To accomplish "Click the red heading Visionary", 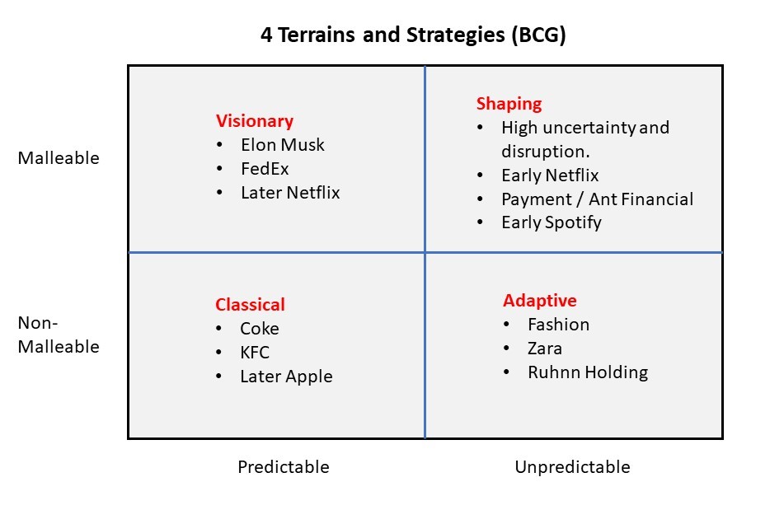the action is (255, 121).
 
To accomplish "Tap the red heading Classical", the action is (250, 305).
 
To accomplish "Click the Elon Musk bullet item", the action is (283, 145).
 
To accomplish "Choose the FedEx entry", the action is (265, 169).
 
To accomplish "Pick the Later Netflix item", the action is (290, 193).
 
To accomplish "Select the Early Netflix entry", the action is (550, 175).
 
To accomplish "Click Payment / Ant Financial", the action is (598, 199).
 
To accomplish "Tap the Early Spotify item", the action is (552, 222).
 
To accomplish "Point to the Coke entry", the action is (260, 329).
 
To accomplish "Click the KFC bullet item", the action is (255, 353).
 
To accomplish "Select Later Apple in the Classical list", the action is (286, 377).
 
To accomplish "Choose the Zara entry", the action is (544, 349).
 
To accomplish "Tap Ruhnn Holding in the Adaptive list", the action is (588, 372).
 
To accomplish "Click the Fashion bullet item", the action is (558, 325).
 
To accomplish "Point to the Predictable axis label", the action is (284, 467).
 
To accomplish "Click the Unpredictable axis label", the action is (572, 467).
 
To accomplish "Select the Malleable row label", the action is (59, 158).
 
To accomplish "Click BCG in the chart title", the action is (538, 35).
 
